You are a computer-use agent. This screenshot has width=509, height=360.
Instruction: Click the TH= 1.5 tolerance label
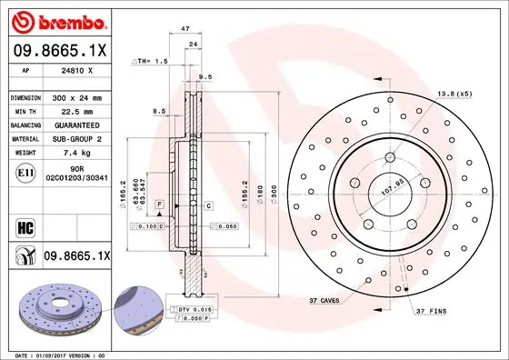[151, 61]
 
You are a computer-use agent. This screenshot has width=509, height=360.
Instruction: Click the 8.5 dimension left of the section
[159, 111]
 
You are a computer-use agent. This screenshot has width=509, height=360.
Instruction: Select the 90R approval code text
[67, 168]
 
